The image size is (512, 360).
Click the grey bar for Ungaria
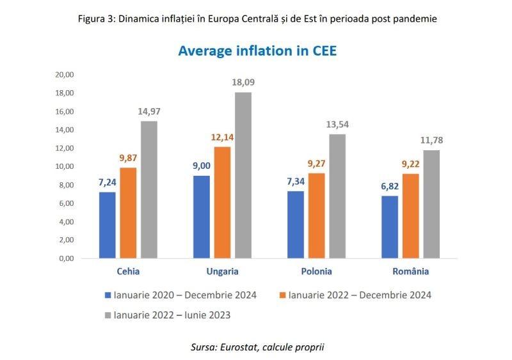click(243, 175)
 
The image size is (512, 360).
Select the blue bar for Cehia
click(108, 225)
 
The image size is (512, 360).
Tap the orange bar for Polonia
click(317, 215)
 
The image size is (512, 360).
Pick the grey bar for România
click(431, 204)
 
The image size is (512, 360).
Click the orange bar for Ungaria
click(222, 202)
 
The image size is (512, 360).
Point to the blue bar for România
click(390, 227)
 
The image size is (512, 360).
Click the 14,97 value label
click(149, 111)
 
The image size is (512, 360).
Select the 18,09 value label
click(244, 82)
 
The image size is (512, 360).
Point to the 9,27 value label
click(317, 164)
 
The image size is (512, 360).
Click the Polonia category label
click(317, 272)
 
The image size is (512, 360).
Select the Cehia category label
click(129, 272)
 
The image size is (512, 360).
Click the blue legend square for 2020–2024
click(108, 295)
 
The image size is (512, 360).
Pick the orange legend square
click(282, 295)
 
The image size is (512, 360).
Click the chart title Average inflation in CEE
click(257, 51)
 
